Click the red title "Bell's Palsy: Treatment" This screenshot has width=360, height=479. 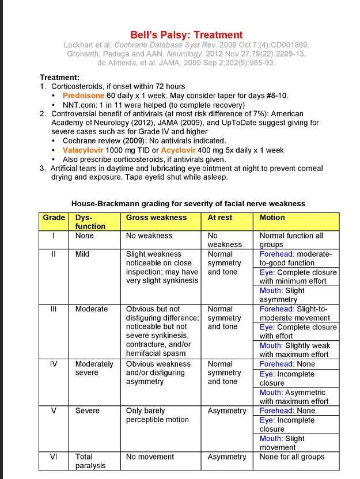(x=186, y=35)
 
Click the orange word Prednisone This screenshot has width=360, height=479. (x=84, y=96)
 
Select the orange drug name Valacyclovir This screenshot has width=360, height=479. (x=87, y=150)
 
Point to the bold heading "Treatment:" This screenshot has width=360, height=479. (x=60, y=77)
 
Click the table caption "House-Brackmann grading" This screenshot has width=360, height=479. (x=188, y=203)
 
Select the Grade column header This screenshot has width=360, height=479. (x=54, y=218)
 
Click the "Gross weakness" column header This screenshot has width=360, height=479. (x=156, y=218)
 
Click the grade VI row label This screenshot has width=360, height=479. (x=54, y=457)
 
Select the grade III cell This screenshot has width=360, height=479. (x=54, y=309)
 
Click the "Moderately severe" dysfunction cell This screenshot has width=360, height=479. (x=94, y=368)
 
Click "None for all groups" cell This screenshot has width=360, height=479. (x=292, y=457)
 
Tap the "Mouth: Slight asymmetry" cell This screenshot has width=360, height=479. (x=282, y=295)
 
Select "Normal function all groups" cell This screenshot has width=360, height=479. (x=291, y=239)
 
